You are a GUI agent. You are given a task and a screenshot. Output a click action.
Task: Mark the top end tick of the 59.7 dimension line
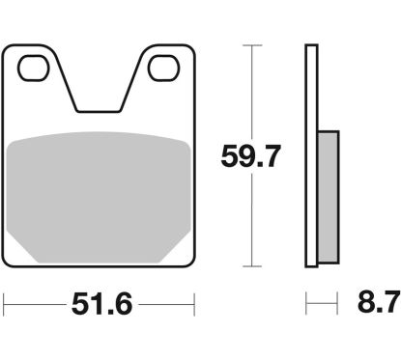point(252,45)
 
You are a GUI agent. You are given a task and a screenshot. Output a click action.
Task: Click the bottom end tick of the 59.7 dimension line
point(252,267)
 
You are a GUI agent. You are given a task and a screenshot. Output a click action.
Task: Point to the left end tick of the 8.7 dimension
point(307,307)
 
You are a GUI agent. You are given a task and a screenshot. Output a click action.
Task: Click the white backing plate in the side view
point(311,154)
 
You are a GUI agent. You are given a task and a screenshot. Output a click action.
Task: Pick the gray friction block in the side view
point(328,197)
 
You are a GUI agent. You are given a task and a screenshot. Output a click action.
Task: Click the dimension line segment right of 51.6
point(164,307)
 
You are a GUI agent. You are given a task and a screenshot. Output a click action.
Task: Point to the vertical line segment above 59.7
point(252,92)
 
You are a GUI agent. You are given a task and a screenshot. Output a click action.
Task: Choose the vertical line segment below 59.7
point(252,222)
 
